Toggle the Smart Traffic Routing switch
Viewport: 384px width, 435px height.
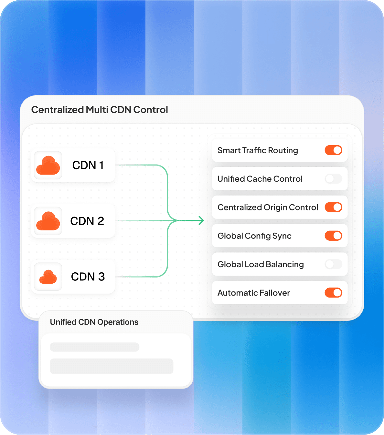334,150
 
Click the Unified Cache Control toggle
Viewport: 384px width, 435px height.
334,179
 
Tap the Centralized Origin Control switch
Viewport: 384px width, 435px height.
334,207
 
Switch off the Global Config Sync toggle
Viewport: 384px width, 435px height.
334,236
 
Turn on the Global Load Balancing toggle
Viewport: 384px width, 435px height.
334,264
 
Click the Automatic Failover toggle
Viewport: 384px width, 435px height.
334,293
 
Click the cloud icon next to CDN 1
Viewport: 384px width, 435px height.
48,165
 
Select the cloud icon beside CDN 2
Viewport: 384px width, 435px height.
48,221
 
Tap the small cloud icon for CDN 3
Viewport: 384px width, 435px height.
48,277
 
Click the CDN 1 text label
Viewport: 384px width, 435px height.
88,165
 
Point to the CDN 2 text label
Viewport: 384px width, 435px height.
87,221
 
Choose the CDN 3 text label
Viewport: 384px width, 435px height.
88,277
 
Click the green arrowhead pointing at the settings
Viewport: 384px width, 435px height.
201,220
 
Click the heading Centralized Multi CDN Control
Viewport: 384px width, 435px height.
99,110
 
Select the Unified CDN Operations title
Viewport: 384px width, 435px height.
94,322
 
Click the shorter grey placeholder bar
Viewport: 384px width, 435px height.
95,347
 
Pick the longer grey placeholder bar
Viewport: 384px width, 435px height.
112,366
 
